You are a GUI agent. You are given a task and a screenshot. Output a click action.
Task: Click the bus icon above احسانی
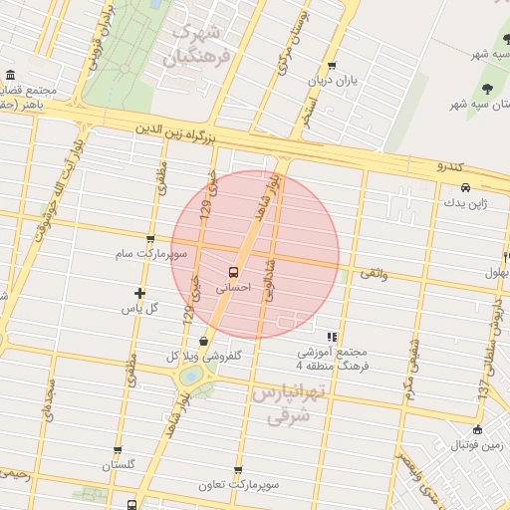click(233, 271)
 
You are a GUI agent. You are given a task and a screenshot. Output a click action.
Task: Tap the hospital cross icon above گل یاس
click(139, 294)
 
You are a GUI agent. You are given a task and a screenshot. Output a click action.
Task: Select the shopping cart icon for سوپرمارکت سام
click(149, 239)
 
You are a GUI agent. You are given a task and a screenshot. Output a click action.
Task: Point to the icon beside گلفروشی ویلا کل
click(204, 340)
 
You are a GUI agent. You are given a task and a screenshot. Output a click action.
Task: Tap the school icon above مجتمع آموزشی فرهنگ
click(332, 337)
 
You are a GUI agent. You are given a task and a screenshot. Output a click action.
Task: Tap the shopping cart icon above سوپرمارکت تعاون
click(238, 469)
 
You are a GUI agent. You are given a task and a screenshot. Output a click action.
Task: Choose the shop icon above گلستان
click(118, 450)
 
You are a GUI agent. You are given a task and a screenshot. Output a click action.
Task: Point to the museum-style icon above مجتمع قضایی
click(10, 76)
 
